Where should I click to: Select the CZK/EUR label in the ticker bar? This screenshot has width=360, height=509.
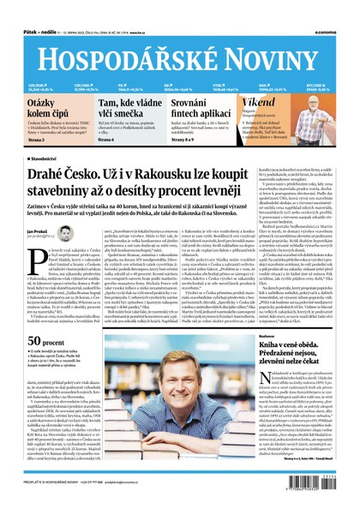(36, 86)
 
